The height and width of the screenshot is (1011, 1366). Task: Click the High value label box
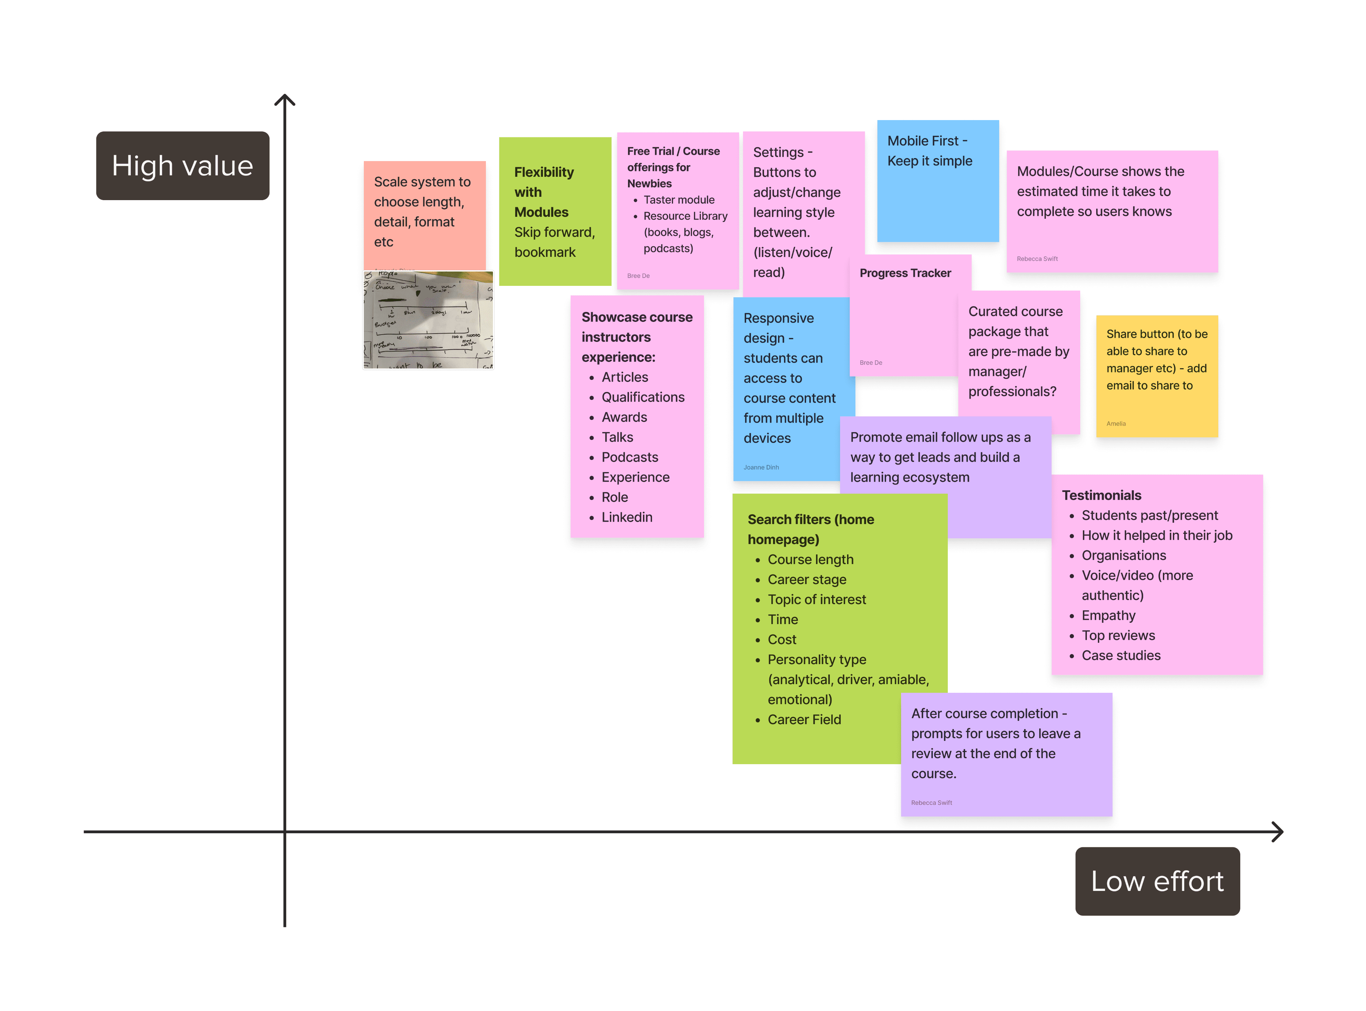182,166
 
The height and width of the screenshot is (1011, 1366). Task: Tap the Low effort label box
1157,881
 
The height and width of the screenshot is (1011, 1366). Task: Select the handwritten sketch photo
428,320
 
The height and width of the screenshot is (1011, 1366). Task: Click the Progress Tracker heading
905,273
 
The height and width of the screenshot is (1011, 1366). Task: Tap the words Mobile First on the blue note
922,141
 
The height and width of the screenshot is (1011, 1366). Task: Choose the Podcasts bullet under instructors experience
629,457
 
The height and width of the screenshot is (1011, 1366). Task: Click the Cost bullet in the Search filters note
782,639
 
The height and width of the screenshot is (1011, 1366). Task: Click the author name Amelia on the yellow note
1116,424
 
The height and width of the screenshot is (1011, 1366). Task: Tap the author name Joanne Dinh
761,468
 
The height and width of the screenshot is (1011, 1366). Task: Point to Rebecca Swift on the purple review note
931,803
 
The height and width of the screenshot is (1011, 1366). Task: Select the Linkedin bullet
626,517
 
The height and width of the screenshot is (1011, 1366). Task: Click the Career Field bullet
804,720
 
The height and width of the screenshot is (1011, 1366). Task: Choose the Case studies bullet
1121,655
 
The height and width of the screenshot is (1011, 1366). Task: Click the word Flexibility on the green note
544,172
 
